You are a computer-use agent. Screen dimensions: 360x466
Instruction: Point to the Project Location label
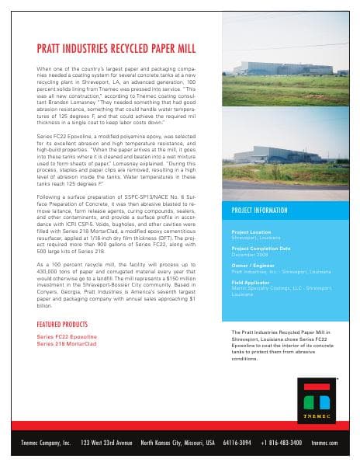(251, 231)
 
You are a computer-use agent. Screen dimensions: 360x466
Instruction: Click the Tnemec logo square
(318, 402)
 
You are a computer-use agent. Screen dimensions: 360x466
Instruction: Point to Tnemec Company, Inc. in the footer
(46, 443)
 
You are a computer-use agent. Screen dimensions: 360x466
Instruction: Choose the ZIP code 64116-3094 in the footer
(238, 443)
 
